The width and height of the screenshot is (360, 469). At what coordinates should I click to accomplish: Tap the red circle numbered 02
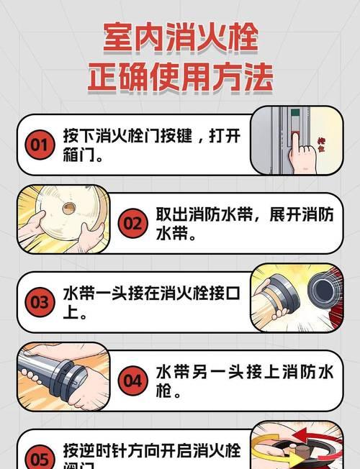pyautogui.click(x=132, y=224)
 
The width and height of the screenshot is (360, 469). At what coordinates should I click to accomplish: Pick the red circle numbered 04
pyautogui.click(x=132, y=381)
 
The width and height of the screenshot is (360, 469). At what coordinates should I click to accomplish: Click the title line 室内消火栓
pyautogui.click(x=180, y=36)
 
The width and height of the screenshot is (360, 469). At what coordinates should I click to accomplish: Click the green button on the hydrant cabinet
pyautogui.click(x=294, y=113)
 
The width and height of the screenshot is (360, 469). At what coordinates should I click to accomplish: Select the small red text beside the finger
pyautogui.click(x=321, y=147)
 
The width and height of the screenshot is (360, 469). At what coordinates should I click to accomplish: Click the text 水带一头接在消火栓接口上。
pyautogui.click(x=151, y=302)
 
